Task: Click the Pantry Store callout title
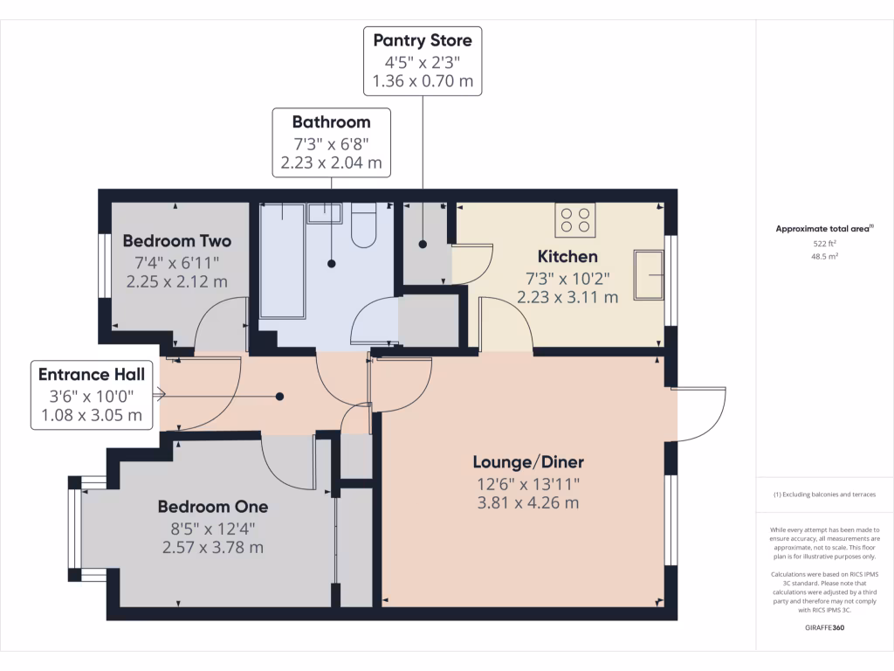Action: click(423, 40)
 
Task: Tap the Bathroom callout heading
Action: click(331, 122)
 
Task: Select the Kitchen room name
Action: click(567, 256)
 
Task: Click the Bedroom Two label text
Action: click(176, 240)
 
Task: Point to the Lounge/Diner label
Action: click(528, 462)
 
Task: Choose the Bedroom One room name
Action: click(212, 507)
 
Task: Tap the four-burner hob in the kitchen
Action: click(574, 219)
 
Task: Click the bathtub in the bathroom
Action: click(281, 260)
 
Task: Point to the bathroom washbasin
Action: click(324, 214)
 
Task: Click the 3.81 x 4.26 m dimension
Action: click(528, 503)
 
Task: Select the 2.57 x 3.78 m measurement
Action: click(212, 548)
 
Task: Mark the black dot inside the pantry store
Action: click(423, 245)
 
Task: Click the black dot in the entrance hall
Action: click(280, 397)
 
